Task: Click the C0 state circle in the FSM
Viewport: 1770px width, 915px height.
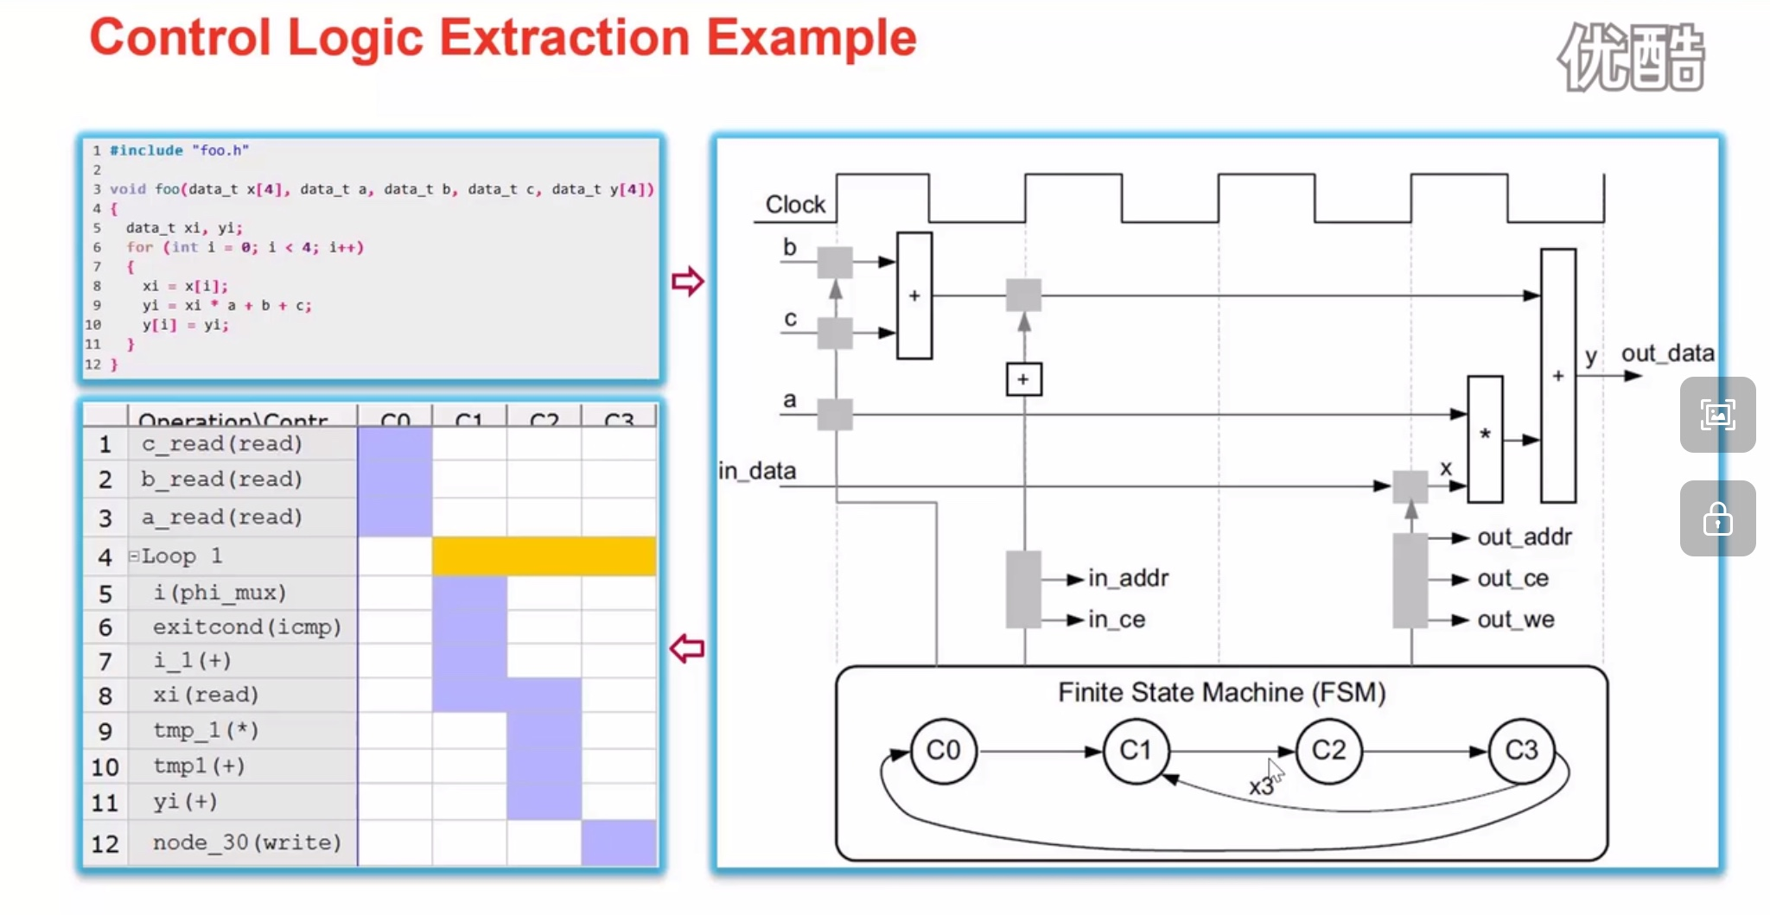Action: pos(943,750)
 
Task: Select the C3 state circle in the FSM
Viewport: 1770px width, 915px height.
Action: pos(1521,750)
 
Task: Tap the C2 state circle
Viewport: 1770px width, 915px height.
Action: pos(1328,750)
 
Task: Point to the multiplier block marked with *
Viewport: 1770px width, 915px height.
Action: pos(1485,439)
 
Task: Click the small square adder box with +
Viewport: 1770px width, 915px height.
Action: pos(1023,379)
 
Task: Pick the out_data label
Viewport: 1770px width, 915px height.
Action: pos(1667,353)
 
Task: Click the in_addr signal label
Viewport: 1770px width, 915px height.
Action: pos(1128,578)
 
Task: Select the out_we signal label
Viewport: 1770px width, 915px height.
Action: pos(1515,620)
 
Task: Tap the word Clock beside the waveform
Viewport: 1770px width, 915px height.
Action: pos(795,205)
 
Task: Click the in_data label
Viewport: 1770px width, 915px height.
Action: pos(757,471)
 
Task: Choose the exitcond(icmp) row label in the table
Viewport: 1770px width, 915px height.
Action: pos(247,626)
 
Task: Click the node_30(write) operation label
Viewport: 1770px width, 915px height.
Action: pos(247,842)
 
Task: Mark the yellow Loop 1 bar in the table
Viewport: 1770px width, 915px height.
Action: pos(544,556)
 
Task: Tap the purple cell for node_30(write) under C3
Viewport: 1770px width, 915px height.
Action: pos(618,842)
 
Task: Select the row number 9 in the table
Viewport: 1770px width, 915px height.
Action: pos(105,732)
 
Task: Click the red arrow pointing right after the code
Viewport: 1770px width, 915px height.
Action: pos(688,281)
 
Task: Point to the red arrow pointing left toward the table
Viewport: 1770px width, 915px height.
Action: pos(688,648)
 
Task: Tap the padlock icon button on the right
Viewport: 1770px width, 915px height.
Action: pos(1717,519)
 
